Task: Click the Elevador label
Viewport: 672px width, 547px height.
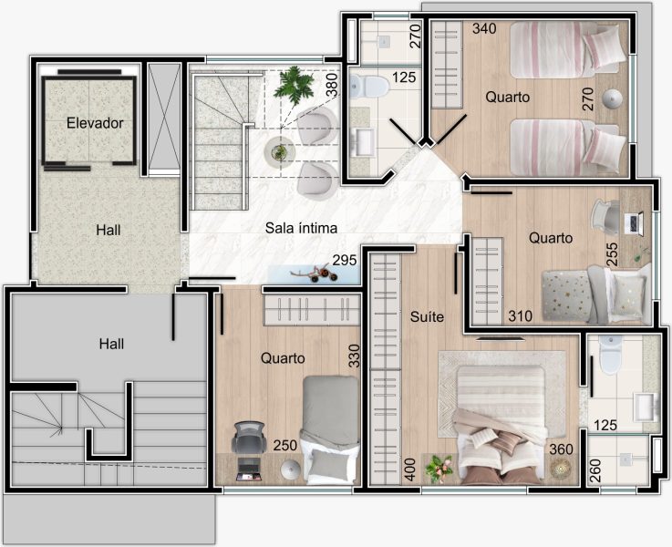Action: [95, 123]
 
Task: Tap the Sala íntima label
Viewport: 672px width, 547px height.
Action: [301, 227]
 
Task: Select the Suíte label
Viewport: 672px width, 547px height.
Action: [427, 316]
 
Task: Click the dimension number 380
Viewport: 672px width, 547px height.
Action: [332, 85]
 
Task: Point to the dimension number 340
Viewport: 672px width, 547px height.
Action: [484, 28]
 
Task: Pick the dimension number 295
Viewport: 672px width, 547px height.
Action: [345, 260]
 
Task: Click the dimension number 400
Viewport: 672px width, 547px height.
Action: [410, 470]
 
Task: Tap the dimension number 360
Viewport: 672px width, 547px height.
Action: [561, 449]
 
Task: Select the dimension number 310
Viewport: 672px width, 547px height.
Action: [521, 316]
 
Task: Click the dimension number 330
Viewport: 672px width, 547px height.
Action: [354, 356]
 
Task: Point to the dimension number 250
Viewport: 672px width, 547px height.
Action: [285, 445]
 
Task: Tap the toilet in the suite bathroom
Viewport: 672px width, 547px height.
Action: [610, 355]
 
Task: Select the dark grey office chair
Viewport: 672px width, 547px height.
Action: [248, 437]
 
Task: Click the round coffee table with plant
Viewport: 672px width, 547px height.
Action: [279, 151]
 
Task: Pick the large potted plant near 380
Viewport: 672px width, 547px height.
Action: [294, 86]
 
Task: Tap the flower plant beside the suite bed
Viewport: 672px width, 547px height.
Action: [438, 469]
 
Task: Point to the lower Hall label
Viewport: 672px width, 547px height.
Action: [111, 344]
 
